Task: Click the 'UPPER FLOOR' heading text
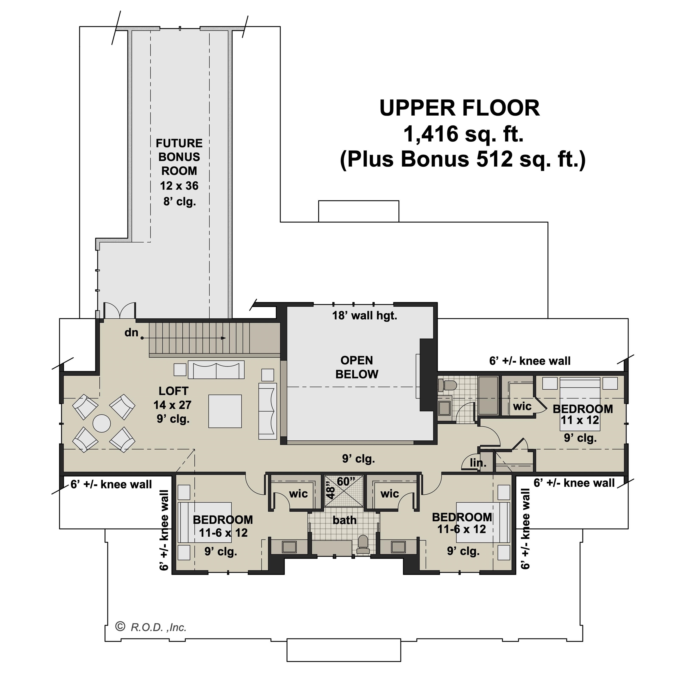click(459, 108)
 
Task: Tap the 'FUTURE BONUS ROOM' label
click(179, 157)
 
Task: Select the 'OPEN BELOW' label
click(356, 367)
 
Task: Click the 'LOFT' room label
click(173, 391)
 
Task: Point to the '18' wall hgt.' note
click(364, 316)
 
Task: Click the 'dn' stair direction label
click(131, 332)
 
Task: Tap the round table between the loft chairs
click(101, 423)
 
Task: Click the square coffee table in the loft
click(225, 411)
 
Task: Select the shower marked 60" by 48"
click(344, 491)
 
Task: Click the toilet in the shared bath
click(363, 545)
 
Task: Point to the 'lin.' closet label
click(478, 463)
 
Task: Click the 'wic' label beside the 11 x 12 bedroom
click(522, 406)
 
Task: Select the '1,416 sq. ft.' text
click(464, 134)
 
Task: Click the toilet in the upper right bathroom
click(447, 386)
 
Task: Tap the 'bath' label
click(344, 520)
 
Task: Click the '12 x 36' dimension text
click(179, 186)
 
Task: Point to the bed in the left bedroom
click(205, 522)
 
